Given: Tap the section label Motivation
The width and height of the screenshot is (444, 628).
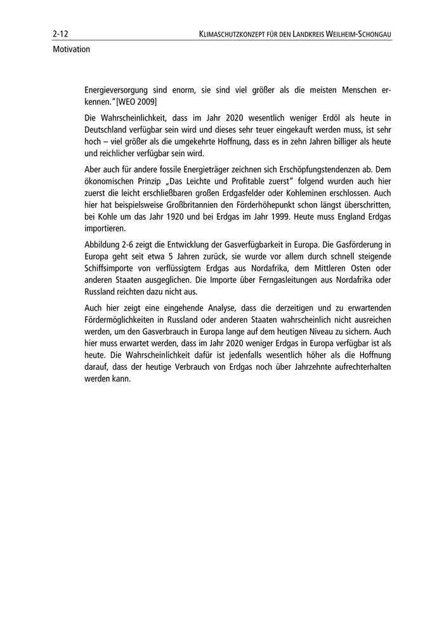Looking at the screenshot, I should [71, 48].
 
